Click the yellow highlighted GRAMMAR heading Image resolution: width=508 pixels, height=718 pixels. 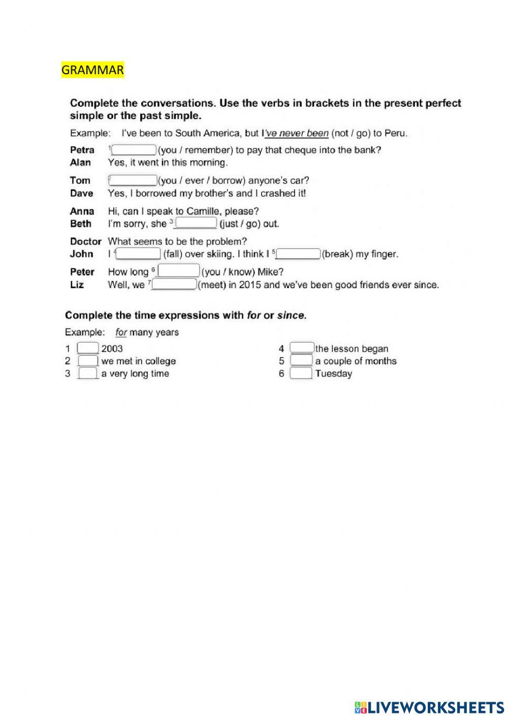point(92,70)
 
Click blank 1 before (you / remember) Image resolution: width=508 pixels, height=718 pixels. point(134,150)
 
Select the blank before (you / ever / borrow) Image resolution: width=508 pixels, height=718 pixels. point(134,180)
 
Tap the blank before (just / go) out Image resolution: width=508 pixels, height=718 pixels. point(196,224)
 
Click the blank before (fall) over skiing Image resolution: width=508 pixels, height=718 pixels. point(139,254)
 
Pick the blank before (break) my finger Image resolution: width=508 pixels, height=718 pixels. point(299,254)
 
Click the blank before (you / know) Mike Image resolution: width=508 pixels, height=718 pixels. point(179,271)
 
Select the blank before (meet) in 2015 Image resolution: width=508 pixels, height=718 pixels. point(174,285)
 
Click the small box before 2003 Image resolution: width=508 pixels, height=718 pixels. point(88,349)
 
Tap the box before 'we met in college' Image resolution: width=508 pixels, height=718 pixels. point(88,361)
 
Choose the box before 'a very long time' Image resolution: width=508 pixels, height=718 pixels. point(88,373)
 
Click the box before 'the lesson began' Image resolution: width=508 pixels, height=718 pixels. point(302,349)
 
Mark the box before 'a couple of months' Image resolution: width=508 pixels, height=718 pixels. point(302,361)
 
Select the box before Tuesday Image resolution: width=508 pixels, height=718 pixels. point(301,373)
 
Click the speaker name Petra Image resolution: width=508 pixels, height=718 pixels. point(82,150)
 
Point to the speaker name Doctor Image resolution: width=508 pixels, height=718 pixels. point(85,241)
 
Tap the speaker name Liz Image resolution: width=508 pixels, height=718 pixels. point(77,285)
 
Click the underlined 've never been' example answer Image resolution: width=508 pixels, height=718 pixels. point(297,133)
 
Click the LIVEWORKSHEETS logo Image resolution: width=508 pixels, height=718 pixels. point(429,707)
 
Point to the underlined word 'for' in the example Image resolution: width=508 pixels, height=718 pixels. point(121,332)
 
